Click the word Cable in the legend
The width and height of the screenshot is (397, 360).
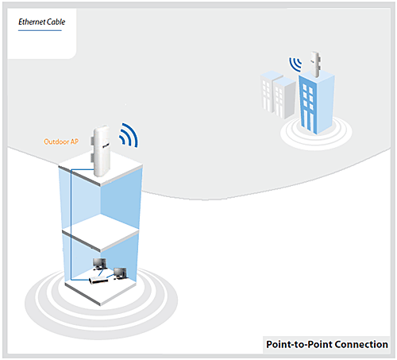coord(56,21)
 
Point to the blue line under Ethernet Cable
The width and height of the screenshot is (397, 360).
coord(40,30)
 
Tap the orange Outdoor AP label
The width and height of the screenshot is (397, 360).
coord(61,141)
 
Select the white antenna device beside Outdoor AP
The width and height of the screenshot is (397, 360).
coord(100,151)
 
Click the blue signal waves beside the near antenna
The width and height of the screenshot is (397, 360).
coord(129,136)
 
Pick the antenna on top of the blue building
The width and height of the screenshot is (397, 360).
coord(315,64)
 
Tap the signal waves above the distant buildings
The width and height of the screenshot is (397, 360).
coord(295,64)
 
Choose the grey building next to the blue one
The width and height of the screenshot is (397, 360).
coord(284,98)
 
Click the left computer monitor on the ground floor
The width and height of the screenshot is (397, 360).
coord(100,264)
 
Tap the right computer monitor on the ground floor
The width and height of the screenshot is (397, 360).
coord(120,273)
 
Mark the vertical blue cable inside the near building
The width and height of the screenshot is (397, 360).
coord(71,225)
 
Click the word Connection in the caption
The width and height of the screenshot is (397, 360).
coord(361,344)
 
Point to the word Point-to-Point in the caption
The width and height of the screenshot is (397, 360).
coord(299,344)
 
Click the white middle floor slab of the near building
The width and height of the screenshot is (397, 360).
coord(101,233)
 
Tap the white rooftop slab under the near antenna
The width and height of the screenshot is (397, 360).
coord(101,168)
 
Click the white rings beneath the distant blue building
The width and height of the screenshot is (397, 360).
coord(316,137)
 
